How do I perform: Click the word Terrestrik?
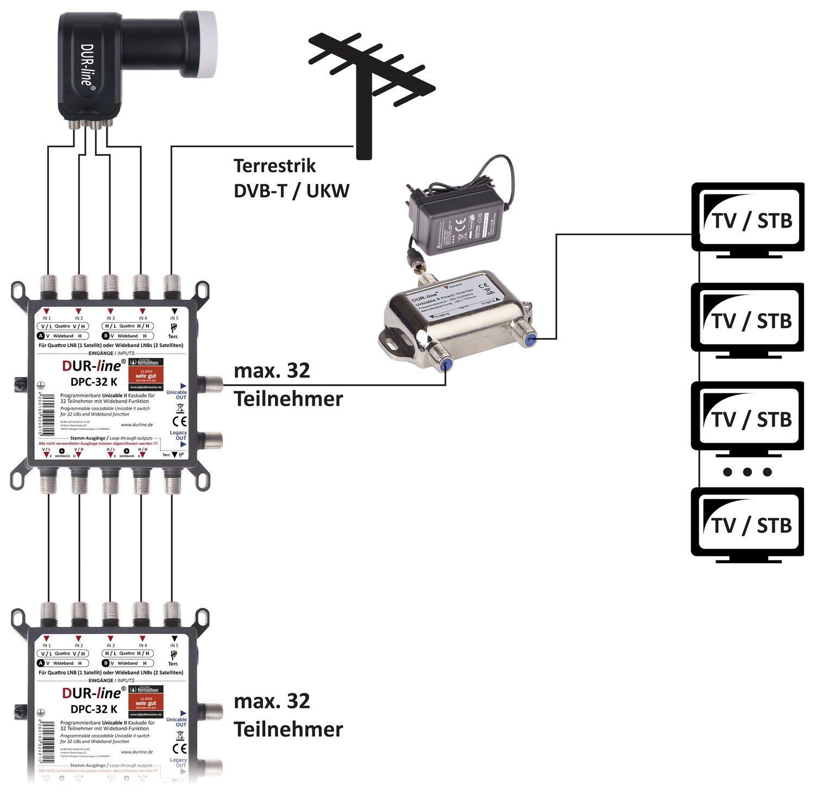(x=274, y=166)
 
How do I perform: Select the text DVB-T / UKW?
(x=291, y=191)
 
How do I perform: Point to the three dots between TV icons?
(x=747, y=472)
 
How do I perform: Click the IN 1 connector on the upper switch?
(x=49, y=285)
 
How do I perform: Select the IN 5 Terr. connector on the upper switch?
(x=172, y=285)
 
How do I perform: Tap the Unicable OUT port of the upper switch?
(x=212, y=386)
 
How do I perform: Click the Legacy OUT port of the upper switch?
(x=212, y=438)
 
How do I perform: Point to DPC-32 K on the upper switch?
(x=93, y=382)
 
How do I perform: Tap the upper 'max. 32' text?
(x=272, y=370)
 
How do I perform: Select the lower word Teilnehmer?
(x=289, y=729)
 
